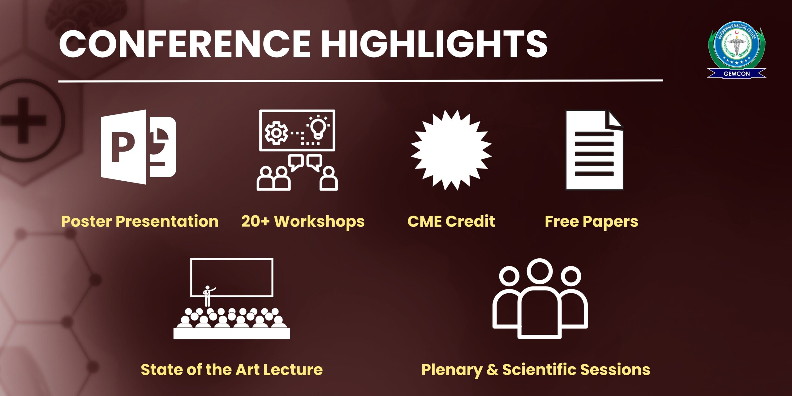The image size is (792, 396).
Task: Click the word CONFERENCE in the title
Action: pyautogui.click(x=185, y=44)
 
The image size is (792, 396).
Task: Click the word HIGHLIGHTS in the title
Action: pyautogui.click(x=435, y=44)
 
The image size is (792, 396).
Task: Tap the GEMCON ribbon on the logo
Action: pyautogui.click(x=736, y=74)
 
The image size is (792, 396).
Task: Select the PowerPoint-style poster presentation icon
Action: pyautogui.click(x=138, y=147)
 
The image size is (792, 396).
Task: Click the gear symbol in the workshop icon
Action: pyautogui.click(x=276, y=133)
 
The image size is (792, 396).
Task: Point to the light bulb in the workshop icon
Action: pyautogui.click(x=318, y=127)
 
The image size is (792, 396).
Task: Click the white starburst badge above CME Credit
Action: pyautogui.click(x=451, y=150)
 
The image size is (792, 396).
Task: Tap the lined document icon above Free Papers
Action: pyautogui.click(x=594, y=150)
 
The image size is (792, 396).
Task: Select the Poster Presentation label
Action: pyautogui.click(x=140, y=222)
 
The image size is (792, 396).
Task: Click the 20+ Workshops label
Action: pyautogui.click(x=303, y=222)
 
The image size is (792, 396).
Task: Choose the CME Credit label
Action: pyautogui.click(x=451, y=222)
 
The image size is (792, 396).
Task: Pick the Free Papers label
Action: pyautogui.click(x=591, y=222)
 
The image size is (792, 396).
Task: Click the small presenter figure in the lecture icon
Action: pyautogui.click(x=208, y=296)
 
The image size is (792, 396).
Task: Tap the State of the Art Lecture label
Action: pyautogui.click(x=232, y=370)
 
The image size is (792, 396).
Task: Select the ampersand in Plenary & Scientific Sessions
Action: pyautogui.click(x=492, y=370)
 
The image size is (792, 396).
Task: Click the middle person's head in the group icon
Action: pyautogui.click(x=540, y=271)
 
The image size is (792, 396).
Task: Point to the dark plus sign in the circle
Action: pyautogui.click(x=23, y=120)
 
